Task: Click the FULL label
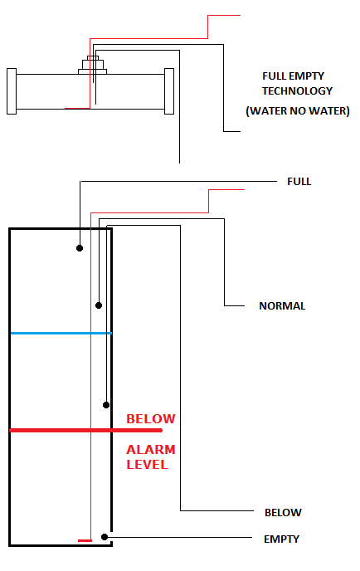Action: [299, 182]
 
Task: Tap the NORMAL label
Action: [282, 306]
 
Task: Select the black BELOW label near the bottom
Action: [283, 512]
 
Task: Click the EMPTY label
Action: [281, 539]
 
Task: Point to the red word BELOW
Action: [151, 419]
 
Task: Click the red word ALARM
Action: [151, 450]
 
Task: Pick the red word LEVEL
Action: [147, 465]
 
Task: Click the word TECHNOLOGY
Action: [297, 90]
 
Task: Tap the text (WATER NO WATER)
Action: [298, 110]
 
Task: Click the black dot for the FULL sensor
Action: [80, 248]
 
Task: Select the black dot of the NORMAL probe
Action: [99, 305]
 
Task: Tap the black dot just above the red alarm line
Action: [106, 405]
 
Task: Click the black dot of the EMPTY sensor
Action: [105, 537]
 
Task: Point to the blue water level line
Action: [61, 333]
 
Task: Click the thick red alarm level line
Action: [86, 431]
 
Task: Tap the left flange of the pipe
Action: [12, 91]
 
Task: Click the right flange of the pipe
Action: [169, 91]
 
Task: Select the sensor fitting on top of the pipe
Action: [92, 66]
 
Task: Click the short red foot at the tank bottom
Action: [85, 541]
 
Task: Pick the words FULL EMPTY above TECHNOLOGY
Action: [293, 76]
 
